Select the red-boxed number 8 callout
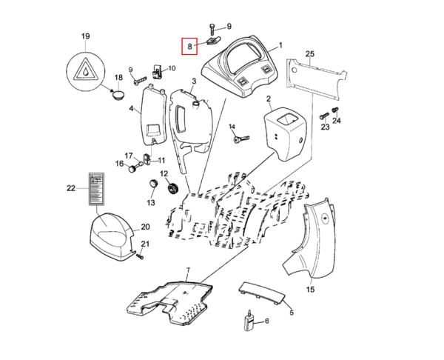tap(189, 47)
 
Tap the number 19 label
tap(85, 36)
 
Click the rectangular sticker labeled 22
tap(96, 190)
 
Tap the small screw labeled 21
tap(139, 257)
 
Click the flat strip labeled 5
tap(261, 292)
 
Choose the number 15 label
tap(310, 289)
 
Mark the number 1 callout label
tap(280, 44)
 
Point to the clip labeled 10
tap(157, 71)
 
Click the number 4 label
tap(132, 109)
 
